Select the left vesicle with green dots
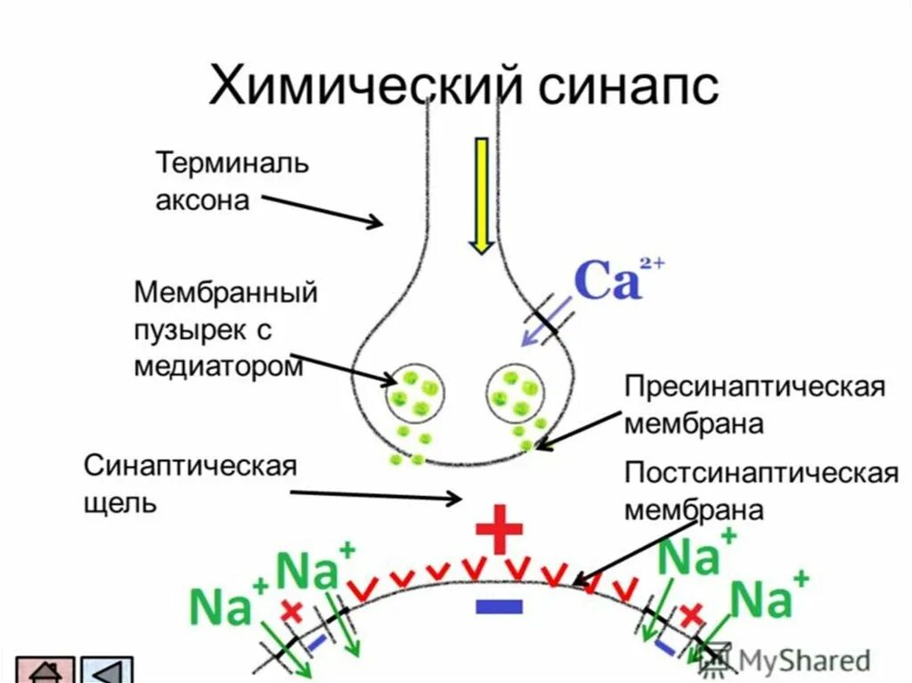click(417, 393)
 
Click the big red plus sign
click(500, 531)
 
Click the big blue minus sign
click(500, 606)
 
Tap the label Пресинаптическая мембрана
click(753, 405)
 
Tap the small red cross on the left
click(290, 611)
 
